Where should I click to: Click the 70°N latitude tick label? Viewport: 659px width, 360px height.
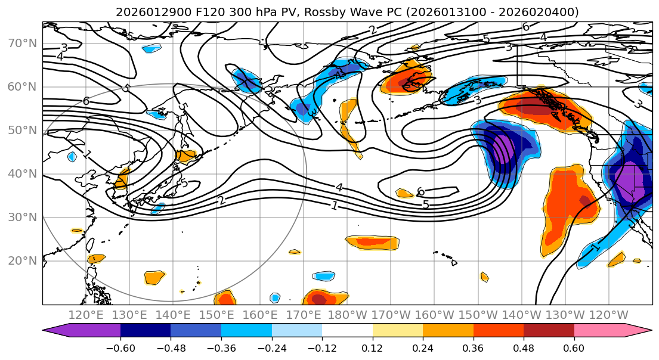pyautogui.click(x=21, y=43)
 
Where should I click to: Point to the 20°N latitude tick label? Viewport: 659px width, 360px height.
pyautogui.click(x=21, y=260)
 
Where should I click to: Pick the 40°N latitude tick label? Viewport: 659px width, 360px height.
pyautogui.click(x=21, y=173)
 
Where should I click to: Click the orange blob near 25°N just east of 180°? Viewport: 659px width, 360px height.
pyautogui.click(x=373, y=242)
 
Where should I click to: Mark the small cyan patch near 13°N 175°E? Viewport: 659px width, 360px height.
pyautogui.click(x=324, y=276)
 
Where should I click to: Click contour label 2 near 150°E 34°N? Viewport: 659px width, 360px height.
pyautogui.click(x=221, y=200)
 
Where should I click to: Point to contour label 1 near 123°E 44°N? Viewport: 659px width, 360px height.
pyautogui.click(x=88, y=154)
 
